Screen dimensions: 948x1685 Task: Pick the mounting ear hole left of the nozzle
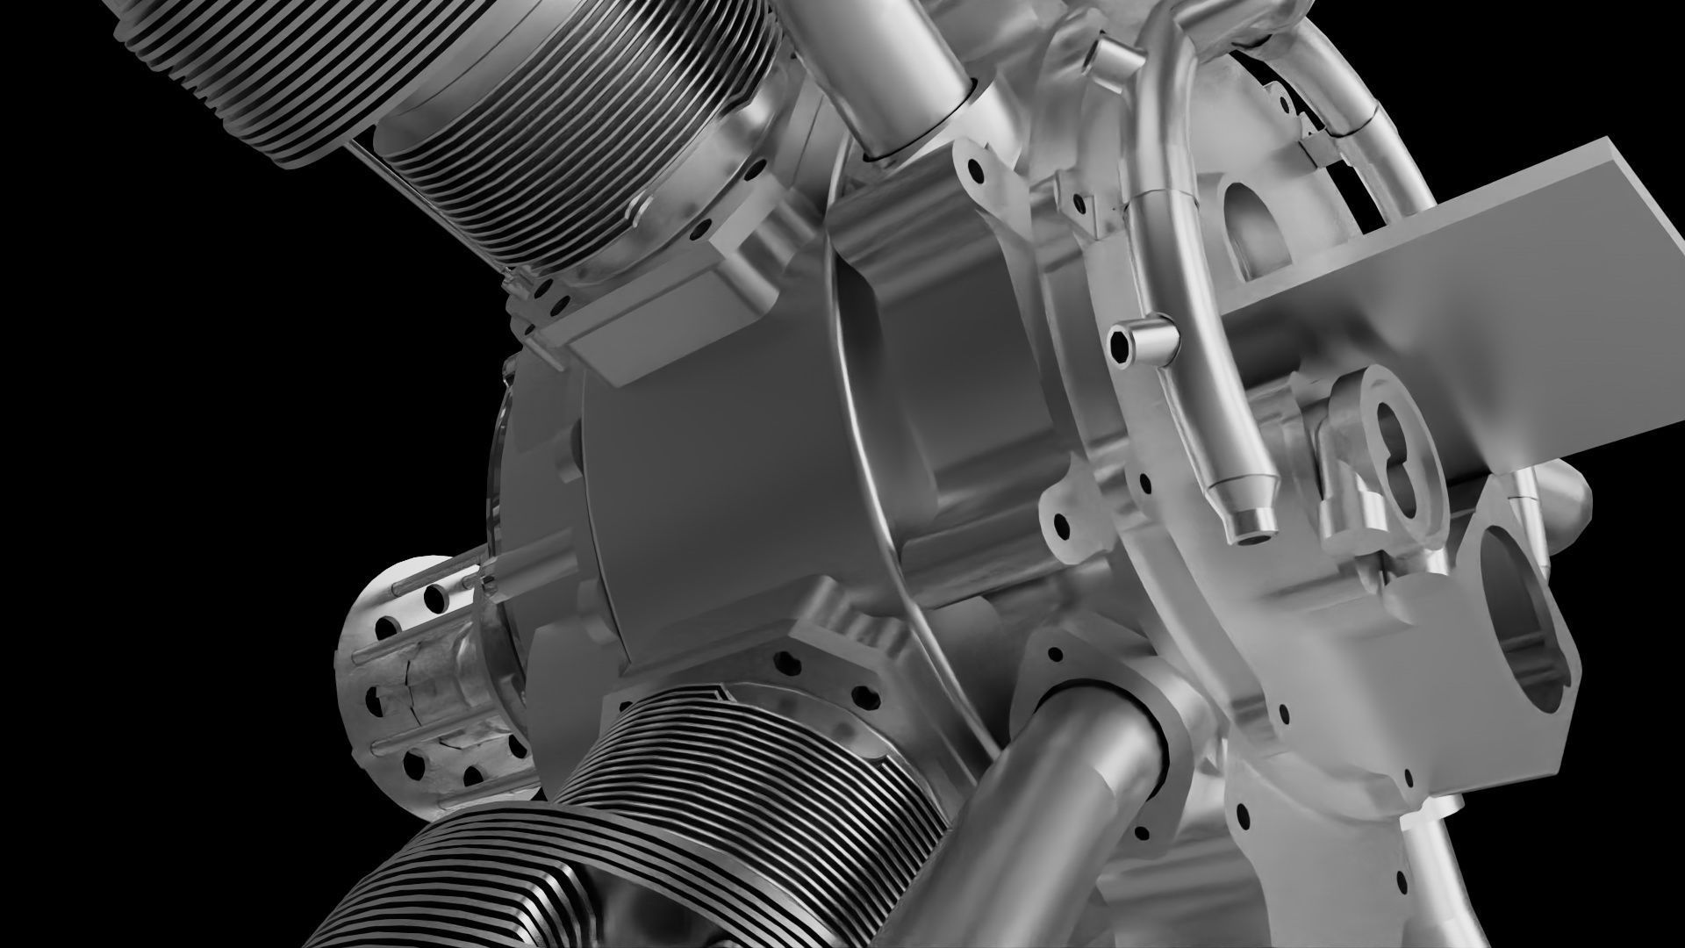point(1065,527)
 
